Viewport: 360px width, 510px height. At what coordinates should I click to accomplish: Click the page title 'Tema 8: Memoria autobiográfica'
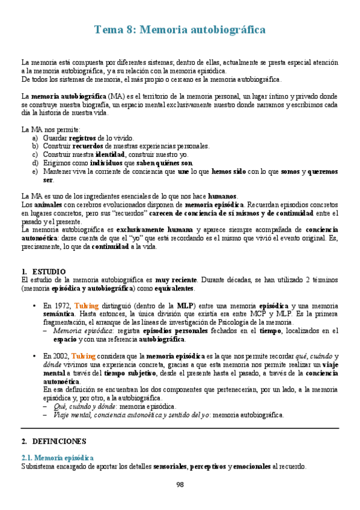click(x=180, y=29)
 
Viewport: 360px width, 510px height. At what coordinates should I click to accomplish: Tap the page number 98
click(x=180, y=485)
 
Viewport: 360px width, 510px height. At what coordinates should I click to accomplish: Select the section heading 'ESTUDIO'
click(x=49, y=272)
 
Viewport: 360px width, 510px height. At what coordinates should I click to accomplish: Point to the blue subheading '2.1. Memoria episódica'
click(x=57, y=458)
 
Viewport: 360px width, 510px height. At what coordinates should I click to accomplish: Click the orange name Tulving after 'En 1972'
click(x=87, y=306)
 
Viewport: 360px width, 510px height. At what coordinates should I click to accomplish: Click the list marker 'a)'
click(x=35, y=138)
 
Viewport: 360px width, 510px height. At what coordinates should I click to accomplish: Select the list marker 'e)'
click(x=35, y=171)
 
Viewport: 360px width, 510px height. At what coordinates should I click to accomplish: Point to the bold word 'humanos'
click(x=222, y=196)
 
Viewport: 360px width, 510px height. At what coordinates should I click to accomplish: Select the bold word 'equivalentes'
click(x=178, y=289)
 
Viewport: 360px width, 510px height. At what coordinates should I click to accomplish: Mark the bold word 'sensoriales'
click(x=170, y=466)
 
